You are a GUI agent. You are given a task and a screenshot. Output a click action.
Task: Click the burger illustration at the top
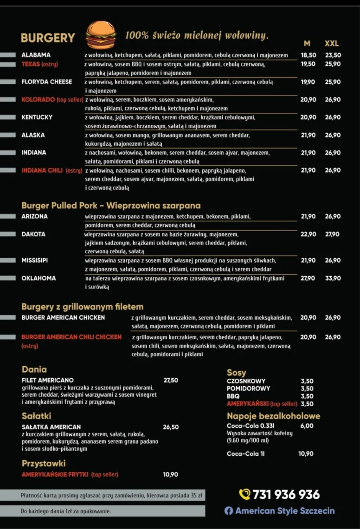coord(101,35)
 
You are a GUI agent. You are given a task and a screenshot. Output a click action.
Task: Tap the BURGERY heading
coord(48,38)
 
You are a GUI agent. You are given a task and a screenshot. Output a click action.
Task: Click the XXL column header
coord(332,44)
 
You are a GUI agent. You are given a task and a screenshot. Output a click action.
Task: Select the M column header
coord(307,44)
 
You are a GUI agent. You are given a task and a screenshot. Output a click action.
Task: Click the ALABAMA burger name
coord(36,55)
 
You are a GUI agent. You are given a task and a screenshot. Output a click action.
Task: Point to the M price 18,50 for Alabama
coord(309,55)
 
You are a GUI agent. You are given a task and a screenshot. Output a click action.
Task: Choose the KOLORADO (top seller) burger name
coord(52,100)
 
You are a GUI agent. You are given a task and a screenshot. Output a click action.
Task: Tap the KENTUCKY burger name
coord(37,117)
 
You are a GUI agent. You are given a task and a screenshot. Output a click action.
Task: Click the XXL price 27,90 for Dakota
coord(332,234)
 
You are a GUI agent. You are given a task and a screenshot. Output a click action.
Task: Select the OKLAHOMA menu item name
coord(39,278)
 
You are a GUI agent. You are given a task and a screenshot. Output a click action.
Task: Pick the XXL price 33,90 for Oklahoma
coord(333,278)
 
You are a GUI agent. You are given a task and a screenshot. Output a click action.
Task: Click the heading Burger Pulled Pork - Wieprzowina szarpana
coord(111,206)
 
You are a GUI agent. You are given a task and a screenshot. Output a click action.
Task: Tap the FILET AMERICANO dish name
coord(47,381)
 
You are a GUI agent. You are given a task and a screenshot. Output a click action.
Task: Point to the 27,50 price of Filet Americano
coord(171,381)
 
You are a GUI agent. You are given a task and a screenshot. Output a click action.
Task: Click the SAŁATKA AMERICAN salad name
coord(51,427)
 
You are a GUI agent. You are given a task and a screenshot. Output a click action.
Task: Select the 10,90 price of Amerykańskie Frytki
coord(170,475)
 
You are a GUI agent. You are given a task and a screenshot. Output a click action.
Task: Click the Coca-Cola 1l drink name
coord(245,454)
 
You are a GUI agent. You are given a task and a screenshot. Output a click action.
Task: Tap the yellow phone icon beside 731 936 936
coord(244,494)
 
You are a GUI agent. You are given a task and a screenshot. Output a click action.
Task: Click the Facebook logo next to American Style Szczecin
coord(229,511)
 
